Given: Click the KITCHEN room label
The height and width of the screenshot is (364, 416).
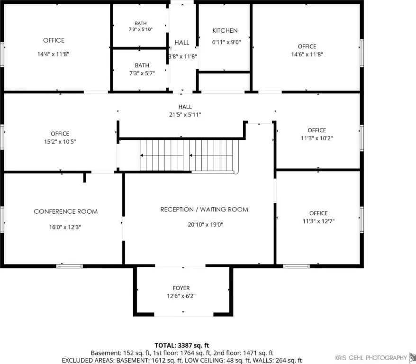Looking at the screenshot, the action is coord(225,30).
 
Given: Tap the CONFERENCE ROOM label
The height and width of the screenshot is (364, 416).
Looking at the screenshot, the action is coord(66,211).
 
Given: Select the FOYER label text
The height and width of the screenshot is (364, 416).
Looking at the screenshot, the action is coord(181,288).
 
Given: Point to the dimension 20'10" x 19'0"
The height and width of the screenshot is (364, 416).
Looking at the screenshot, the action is coord(205,225).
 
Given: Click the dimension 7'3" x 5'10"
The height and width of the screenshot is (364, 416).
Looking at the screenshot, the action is coord(141,29).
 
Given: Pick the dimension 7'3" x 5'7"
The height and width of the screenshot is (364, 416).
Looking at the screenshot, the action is coord(142,73).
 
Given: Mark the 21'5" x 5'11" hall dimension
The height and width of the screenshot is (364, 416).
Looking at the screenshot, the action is coord(185,115).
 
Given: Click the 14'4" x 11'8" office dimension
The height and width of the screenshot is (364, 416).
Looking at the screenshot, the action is coord(53,54).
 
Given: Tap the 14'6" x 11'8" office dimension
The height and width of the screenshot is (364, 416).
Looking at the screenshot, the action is coord(307,55).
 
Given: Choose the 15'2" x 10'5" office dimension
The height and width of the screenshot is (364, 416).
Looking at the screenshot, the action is coord(60,142).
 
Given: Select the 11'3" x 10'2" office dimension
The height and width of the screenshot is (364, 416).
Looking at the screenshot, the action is coord(317,138).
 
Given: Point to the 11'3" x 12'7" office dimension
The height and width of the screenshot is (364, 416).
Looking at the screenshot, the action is coord(318,221).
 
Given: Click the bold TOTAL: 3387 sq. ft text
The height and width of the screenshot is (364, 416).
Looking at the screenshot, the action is coord(182,346).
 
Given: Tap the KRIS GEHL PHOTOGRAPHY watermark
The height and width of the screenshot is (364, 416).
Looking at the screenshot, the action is coord(371,358).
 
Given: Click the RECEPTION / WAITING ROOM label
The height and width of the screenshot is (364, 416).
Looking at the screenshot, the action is coord(204,209).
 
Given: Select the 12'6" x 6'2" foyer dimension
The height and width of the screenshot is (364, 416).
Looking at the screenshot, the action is coord(181,296).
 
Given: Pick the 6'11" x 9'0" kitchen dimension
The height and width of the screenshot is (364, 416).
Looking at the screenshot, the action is coord(226,42).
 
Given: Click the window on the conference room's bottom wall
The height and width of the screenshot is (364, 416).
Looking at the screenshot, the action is coord(70,266).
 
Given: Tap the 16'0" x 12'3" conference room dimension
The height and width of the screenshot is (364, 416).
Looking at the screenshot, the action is coord(65,227).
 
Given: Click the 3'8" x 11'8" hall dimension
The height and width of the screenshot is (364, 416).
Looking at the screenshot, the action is coord(183,56).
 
